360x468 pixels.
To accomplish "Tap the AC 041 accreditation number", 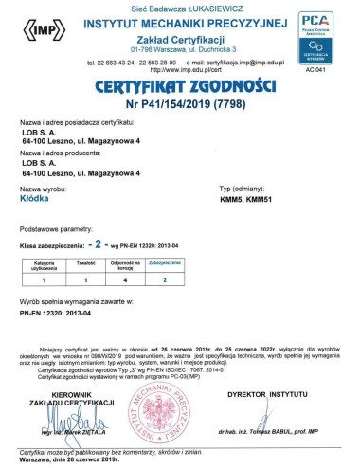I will pos(330,70).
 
